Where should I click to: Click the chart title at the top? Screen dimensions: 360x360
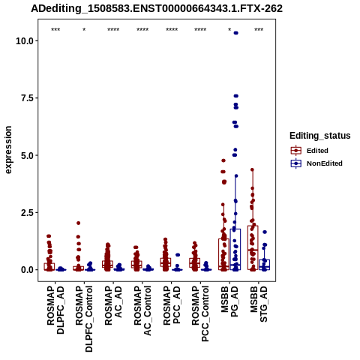157,8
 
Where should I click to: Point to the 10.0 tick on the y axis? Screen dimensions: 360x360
25,40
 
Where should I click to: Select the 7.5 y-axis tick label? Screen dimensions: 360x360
28,98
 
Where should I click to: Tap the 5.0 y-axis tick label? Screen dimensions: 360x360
28,155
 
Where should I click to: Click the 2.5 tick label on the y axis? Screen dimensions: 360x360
28,212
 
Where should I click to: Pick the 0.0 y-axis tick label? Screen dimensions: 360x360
28,270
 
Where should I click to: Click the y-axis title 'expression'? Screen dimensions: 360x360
8,150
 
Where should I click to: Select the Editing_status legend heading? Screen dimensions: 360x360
320,136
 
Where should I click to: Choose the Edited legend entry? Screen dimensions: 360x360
317,151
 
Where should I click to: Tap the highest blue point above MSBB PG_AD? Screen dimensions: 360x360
235,33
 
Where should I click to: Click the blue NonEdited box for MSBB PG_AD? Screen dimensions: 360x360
235,249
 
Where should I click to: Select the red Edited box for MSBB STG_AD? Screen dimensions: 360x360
253,247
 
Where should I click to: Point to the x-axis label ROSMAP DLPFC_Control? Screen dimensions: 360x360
84,319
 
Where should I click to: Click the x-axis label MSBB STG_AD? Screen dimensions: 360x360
259,304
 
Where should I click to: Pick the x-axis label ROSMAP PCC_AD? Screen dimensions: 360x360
172,305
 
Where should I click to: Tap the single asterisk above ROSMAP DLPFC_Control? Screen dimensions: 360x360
84,30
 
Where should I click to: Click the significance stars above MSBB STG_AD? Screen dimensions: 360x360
259,30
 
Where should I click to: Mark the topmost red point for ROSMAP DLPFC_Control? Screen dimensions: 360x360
78,223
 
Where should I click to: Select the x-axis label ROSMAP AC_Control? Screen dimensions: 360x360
142,310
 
